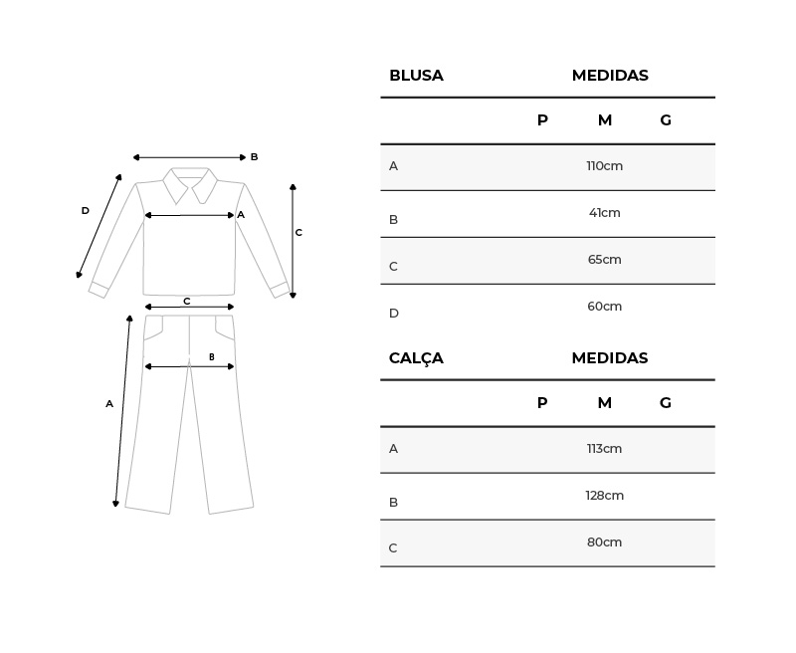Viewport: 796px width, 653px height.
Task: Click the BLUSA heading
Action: coord(416,75)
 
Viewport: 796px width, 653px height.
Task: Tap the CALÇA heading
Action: coord(416,358)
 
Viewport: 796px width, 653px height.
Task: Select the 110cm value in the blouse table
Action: coord(605,166)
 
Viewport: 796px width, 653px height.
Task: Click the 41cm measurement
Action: coord(605,213)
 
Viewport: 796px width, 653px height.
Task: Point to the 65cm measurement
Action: coord(605,260)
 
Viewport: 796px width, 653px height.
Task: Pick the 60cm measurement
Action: coord(605,307)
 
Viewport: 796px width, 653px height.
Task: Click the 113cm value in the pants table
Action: coord(605,449)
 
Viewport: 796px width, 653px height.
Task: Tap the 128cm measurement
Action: coord(605,496)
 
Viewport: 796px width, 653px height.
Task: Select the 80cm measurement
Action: coord(605,543)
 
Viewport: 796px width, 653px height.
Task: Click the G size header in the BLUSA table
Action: coord(666,120)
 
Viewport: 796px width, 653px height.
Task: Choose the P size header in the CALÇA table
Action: coord(542,403)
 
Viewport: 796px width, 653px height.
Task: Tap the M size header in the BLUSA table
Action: coord(605,120)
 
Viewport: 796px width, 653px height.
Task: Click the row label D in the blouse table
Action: coord(394,314)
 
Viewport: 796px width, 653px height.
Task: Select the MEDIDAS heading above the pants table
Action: coord(610,358)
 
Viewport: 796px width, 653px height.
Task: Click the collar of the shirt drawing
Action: coord(190,185)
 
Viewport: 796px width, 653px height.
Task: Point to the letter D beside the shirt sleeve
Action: coord(86,211)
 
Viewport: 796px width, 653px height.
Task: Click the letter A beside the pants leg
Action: coord(109,404)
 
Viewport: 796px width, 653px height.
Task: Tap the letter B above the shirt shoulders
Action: coord(255,157)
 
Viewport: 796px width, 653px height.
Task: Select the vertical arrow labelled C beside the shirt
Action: coord(293,241)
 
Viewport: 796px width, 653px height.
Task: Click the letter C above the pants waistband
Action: coord(187,301)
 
